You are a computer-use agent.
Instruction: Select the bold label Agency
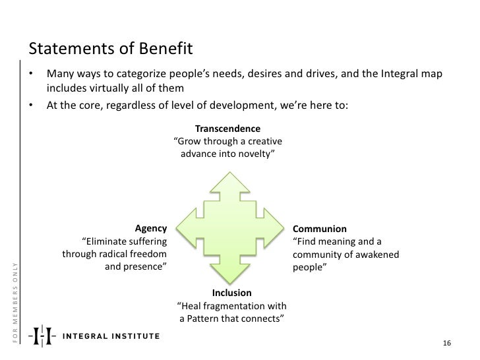tap(151, 229)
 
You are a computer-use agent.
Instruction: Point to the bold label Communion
tap(320, 229)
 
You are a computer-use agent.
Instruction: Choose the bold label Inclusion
tap(231, 293)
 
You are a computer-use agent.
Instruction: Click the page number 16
tap(446, 344)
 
